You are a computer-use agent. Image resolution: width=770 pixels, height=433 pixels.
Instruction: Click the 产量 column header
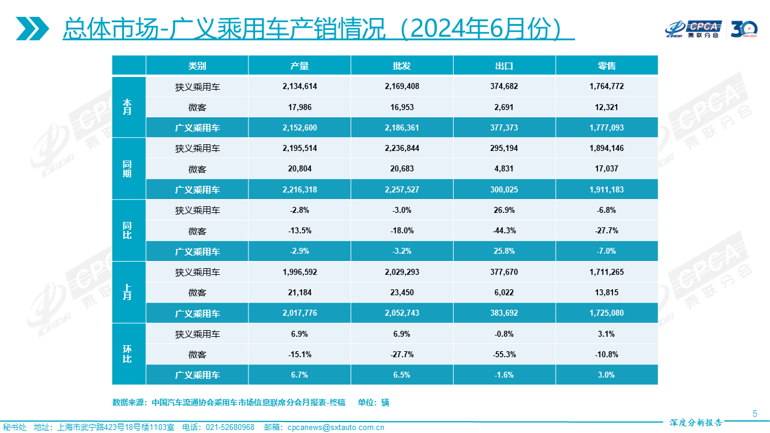pos(299,66)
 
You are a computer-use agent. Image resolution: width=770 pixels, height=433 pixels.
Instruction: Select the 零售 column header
pos(606,66)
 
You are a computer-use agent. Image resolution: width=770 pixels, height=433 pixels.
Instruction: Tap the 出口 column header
pos(504,66)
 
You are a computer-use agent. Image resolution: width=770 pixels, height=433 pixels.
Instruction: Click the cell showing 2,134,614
pos(299,86)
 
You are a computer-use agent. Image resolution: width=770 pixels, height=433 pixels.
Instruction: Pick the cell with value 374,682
pos(504,86)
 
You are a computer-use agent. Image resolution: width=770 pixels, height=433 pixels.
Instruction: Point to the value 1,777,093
pos(606,127)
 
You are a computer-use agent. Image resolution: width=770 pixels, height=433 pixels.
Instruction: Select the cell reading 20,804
pos(299,169)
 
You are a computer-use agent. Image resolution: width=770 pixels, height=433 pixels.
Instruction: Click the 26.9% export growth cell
pos(504,210)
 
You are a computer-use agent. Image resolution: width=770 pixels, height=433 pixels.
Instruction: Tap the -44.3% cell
pos(504,231)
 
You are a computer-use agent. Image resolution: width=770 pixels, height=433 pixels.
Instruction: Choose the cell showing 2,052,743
pos(402,313)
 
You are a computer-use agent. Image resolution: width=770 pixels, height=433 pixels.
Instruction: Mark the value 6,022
pos(504,293)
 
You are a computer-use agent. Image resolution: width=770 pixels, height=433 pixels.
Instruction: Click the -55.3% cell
pos(504,354)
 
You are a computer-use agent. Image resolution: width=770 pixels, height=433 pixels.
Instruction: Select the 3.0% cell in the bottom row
pos(606,375)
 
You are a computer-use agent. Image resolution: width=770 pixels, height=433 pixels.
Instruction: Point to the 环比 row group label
pos(128,354)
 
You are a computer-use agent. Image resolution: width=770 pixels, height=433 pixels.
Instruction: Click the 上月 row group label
pos(128,292)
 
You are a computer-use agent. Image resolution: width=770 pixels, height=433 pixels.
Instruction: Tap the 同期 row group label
pos(128,169)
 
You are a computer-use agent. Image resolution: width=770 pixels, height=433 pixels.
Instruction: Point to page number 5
pos(755,413)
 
